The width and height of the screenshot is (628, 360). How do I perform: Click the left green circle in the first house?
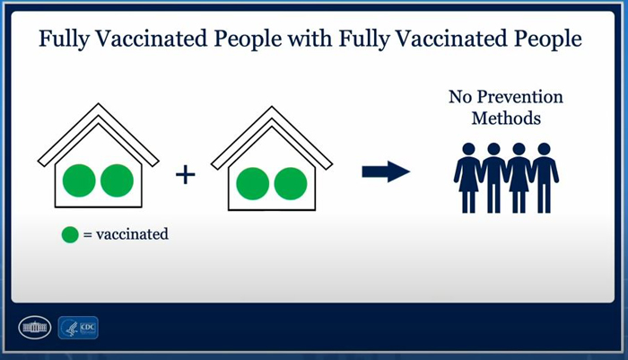pos(79,180)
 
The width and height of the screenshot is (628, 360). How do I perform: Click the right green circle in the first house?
pos(117,180)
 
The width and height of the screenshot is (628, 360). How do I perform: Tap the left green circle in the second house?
pos(253,184)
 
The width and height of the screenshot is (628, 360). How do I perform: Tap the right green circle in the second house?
pos(291,184)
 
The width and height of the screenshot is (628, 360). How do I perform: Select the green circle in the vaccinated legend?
pos(70,235)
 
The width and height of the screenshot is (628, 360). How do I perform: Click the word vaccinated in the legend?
pos(132,234)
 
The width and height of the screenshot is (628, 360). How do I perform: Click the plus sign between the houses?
pos(186,175)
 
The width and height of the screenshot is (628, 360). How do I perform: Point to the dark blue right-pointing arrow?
pos(386,171)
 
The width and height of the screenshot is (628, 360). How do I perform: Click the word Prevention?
pos(519,97)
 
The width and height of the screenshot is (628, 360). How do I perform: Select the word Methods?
pos(506,119)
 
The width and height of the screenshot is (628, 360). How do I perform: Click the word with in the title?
pos(310,39)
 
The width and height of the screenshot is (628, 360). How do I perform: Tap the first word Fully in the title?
pos(64,40)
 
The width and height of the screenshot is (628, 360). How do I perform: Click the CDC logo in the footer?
pos(78,328)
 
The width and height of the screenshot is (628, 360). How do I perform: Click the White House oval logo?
pos(35,328)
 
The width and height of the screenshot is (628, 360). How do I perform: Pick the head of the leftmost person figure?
pos(468,149)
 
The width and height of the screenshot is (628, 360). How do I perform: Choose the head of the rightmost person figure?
pos(544,149)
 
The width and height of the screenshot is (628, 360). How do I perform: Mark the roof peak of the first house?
pos(99,104)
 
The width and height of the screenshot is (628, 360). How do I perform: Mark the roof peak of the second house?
pos(272,107)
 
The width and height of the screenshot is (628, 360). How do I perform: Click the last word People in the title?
pos(548,40)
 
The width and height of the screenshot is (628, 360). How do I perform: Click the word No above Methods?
pos(460,97)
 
